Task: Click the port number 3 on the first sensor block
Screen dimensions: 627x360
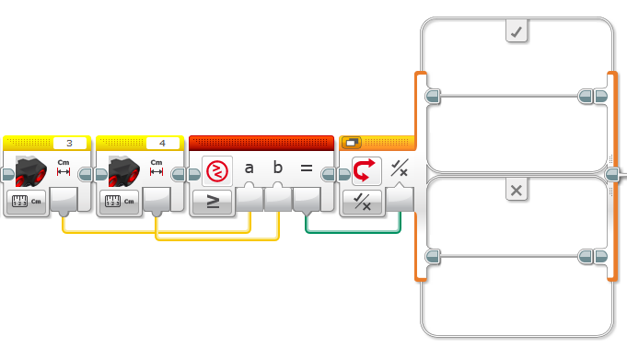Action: [70, 144]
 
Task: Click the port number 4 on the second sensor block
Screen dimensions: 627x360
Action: [162, 144]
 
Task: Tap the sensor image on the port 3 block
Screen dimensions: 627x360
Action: [30, 171]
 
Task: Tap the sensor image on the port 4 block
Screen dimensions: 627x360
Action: [124, 171]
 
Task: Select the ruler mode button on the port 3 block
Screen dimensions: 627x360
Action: [27, 202]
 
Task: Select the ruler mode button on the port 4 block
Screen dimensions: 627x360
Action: [119, 202]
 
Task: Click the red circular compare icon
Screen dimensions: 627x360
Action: [217, 171]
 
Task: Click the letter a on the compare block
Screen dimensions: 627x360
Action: [250, 168]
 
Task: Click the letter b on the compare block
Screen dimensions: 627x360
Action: [278, 168]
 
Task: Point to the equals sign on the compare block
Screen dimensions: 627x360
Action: [307, 168]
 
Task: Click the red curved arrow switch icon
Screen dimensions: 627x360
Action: [365, 170]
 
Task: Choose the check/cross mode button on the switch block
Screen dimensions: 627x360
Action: [362, 202]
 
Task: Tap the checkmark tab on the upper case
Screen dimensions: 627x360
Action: [517, 31]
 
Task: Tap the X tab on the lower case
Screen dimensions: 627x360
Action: [517, 190]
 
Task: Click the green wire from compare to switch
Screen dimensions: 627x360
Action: [353, 232]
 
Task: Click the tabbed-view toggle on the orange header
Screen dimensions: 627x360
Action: [352, 143]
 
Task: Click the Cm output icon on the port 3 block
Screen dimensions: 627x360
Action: [64, 168]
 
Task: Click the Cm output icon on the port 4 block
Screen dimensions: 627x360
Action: [157, 168]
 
